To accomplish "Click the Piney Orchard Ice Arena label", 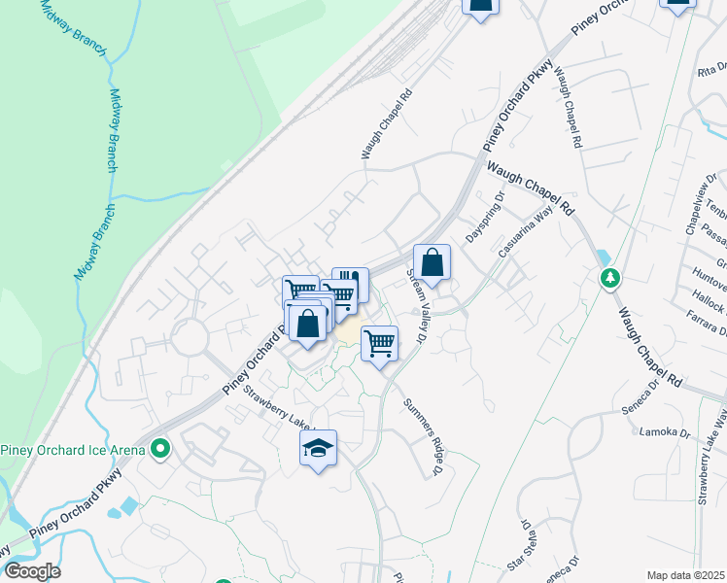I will (x=73, y=449).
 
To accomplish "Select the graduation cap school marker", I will (x=318, y=448).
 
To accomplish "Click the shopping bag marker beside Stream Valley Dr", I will (x=432, y=262).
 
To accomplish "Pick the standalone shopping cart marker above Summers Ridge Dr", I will (x=379, y=342).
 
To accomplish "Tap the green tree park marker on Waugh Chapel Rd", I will (x=609, y=279).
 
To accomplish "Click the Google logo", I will (x=31, y=571).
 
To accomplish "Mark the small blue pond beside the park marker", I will (x=605, y=258).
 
